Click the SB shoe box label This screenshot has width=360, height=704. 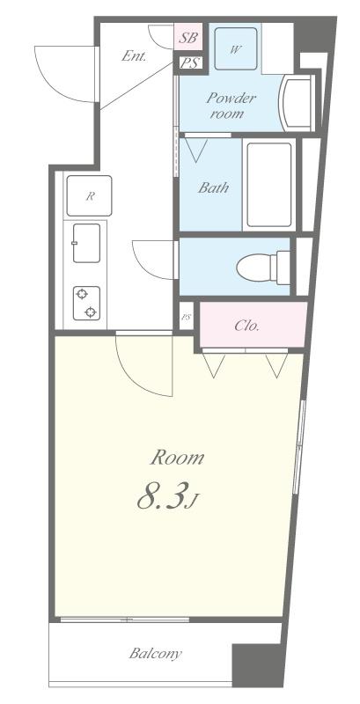point(188,38)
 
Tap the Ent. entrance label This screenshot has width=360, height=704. point(134,57)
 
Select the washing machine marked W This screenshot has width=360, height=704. point(236,49)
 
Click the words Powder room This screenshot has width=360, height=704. point(231,106)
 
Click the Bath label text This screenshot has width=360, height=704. point(213,187)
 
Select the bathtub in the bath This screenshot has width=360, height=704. point(269,185)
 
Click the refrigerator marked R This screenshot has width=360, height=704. point(89,195)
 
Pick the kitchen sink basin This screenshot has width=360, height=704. point(86,243)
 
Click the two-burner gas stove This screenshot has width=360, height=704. point(86,303)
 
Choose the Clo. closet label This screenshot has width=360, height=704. point(246,326)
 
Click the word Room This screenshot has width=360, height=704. point(177,458)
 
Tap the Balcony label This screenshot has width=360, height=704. point(155,653)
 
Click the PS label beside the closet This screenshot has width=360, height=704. point(187,317)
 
